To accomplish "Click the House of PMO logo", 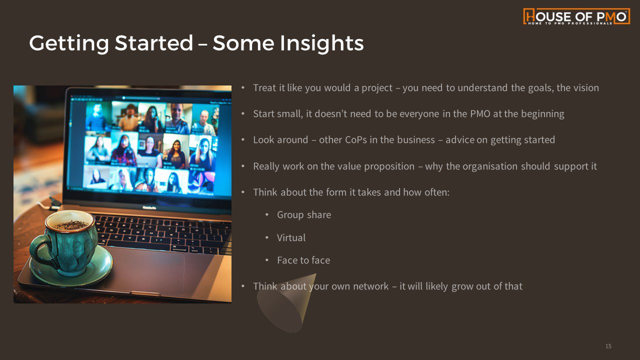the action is (x=576, y=16).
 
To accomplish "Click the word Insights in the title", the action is (x=321, y=43).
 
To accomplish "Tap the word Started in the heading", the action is (x=154, y=43).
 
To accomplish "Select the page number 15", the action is (x=608, y=346).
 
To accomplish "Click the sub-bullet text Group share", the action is (x=304, y=215).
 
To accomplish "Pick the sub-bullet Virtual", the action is (x=291, y=237).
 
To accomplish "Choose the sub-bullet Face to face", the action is (x=303, y=260).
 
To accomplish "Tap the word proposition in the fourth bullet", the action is (x=389, y=166).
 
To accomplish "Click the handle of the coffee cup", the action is (x=40, y=251).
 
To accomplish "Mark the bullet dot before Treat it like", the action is (x=243, y=87).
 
